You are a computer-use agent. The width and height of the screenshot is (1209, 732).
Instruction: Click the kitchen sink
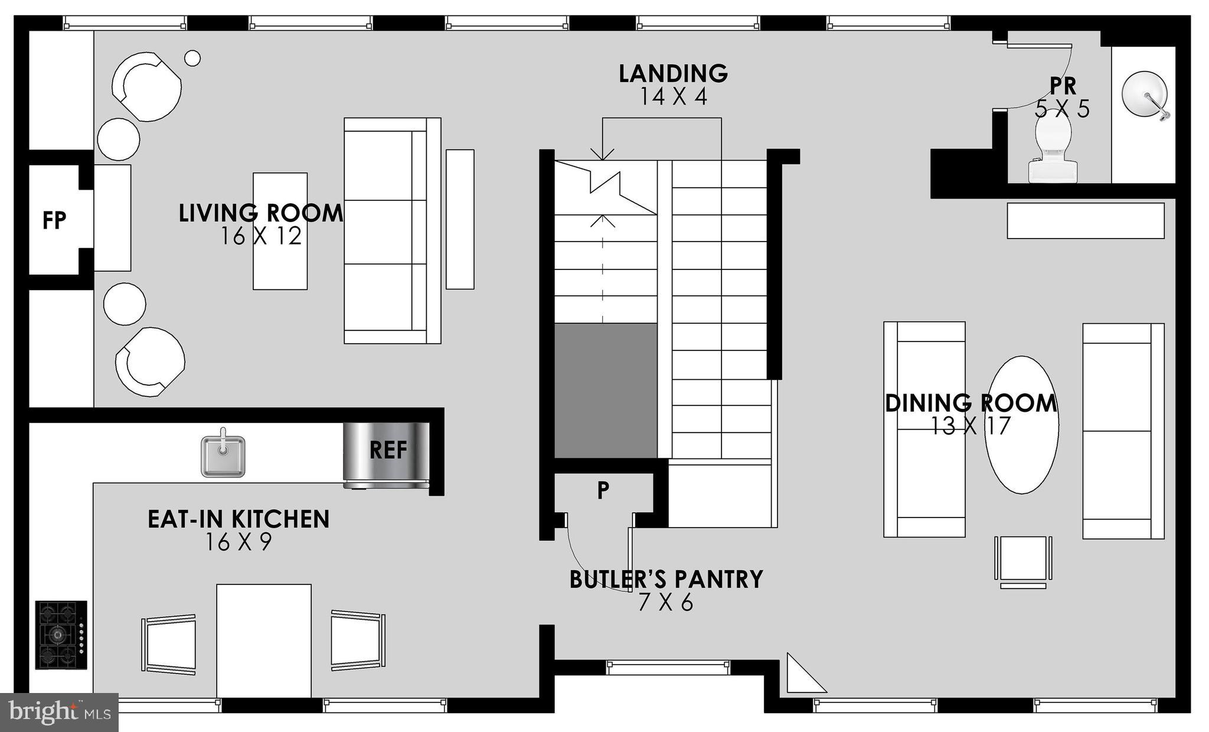(x=223, y=456)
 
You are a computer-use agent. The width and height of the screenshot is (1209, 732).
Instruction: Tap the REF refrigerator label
(x=388, y=451)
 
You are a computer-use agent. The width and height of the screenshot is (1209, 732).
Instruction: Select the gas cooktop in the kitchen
(x=61, y=635)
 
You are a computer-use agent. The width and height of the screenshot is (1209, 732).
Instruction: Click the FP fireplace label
(x=54, y=221)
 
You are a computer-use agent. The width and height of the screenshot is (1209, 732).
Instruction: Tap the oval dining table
(x=1022, y=424)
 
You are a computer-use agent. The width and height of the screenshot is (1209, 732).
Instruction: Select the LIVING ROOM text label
(x=260, y=213)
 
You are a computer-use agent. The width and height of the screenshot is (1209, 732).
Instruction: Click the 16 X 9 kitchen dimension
(x=238, y=542)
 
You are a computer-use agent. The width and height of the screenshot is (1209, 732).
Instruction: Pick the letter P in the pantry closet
(x=603, y=490)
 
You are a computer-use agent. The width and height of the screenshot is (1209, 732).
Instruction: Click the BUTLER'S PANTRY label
(x=666, y=580)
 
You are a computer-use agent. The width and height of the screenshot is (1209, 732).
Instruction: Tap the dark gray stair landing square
(x=606, y=391)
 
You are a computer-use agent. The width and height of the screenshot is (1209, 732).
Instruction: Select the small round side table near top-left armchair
(x=192, y=58)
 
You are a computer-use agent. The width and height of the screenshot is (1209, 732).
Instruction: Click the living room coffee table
(x=280, y=231)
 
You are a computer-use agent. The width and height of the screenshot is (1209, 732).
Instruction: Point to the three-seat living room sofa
(x=391, y=231)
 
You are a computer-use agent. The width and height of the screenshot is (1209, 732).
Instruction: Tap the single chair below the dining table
(x=1023, y=559)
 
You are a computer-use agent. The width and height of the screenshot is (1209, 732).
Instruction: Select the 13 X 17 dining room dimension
(x=971, y=426)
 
